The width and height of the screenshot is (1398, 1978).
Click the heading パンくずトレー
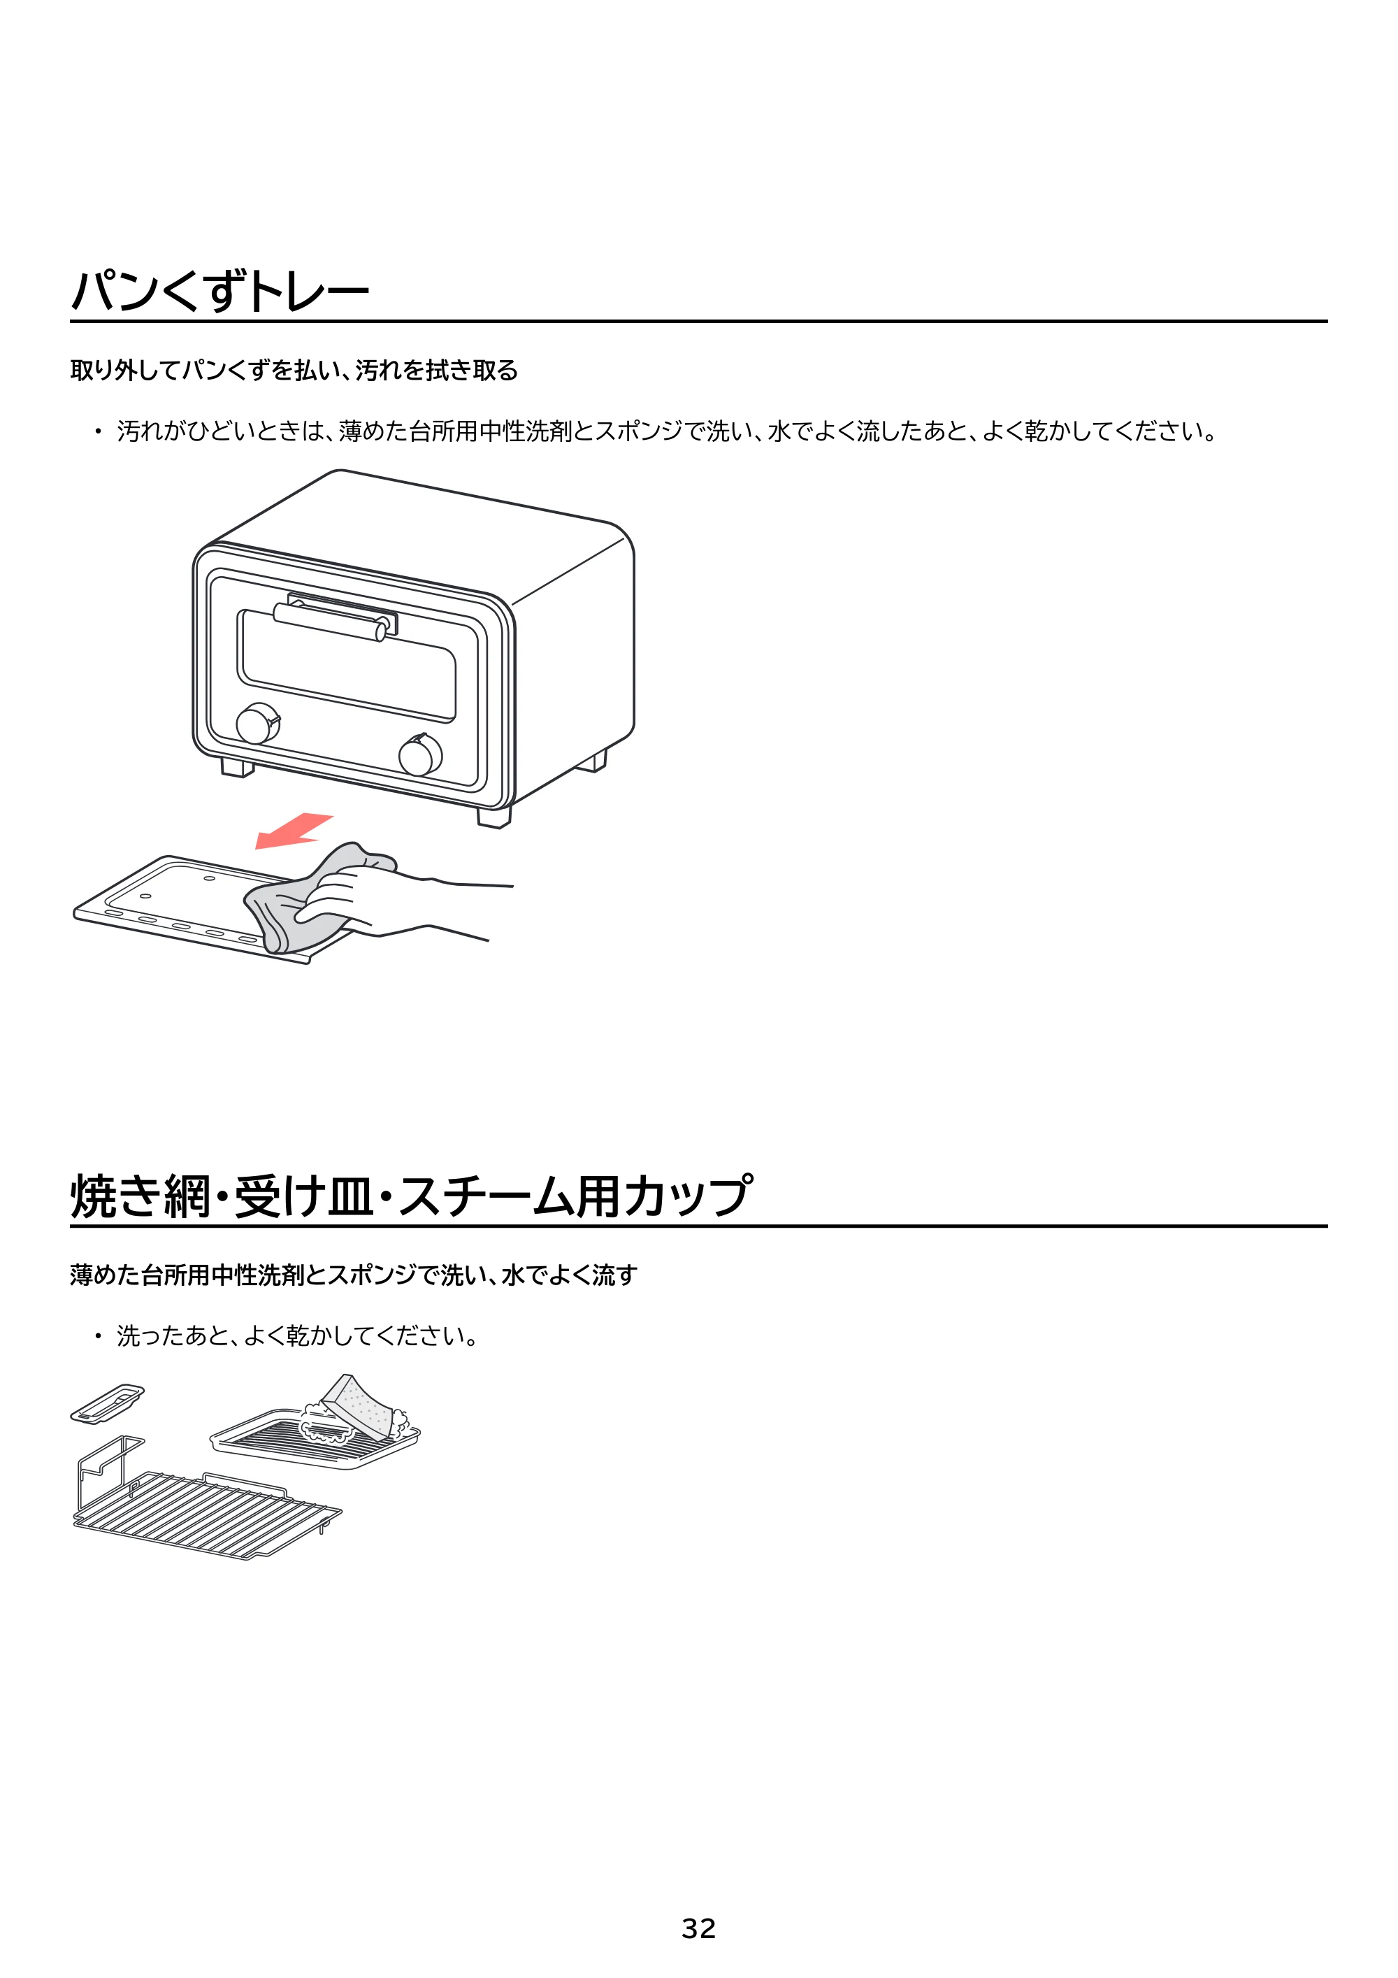pyautogui.click(x=219, y=290)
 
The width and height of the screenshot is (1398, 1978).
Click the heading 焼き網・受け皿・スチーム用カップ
pyautogui.click(x=412, y=1196)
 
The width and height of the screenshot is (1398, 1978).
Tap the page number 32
pyautogui.click(x=698, y=1928)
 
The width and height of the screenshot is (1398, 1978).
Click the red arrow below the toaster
pyautogui.click(x=293, y=831)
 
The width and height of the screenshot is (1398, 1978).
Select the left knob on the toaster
pyautogui.click(x=257, y=724)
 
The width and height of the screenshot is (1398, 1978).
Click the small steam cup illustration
pyautogui.click(x=107, y=1403)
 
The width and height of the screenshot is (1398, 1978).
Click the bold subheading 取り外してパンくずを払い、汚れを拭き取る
pyautogui.click(x=294, y=371)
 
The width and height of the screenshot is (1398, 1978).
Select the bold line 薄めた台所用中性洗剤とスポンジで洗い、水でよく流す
pyautogui.click(x=354, y=1275)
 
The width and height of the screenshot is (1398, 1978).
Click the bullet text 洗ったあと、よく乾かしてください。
pyautogui.click(x=298, y=1336)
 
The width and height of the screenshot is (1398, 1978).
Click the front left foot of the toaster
pyautogui.click(x=238, y=767)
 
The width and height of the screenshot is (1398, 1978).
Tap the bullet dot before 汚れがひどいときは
pyautogui.click(x=97, y=431)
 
